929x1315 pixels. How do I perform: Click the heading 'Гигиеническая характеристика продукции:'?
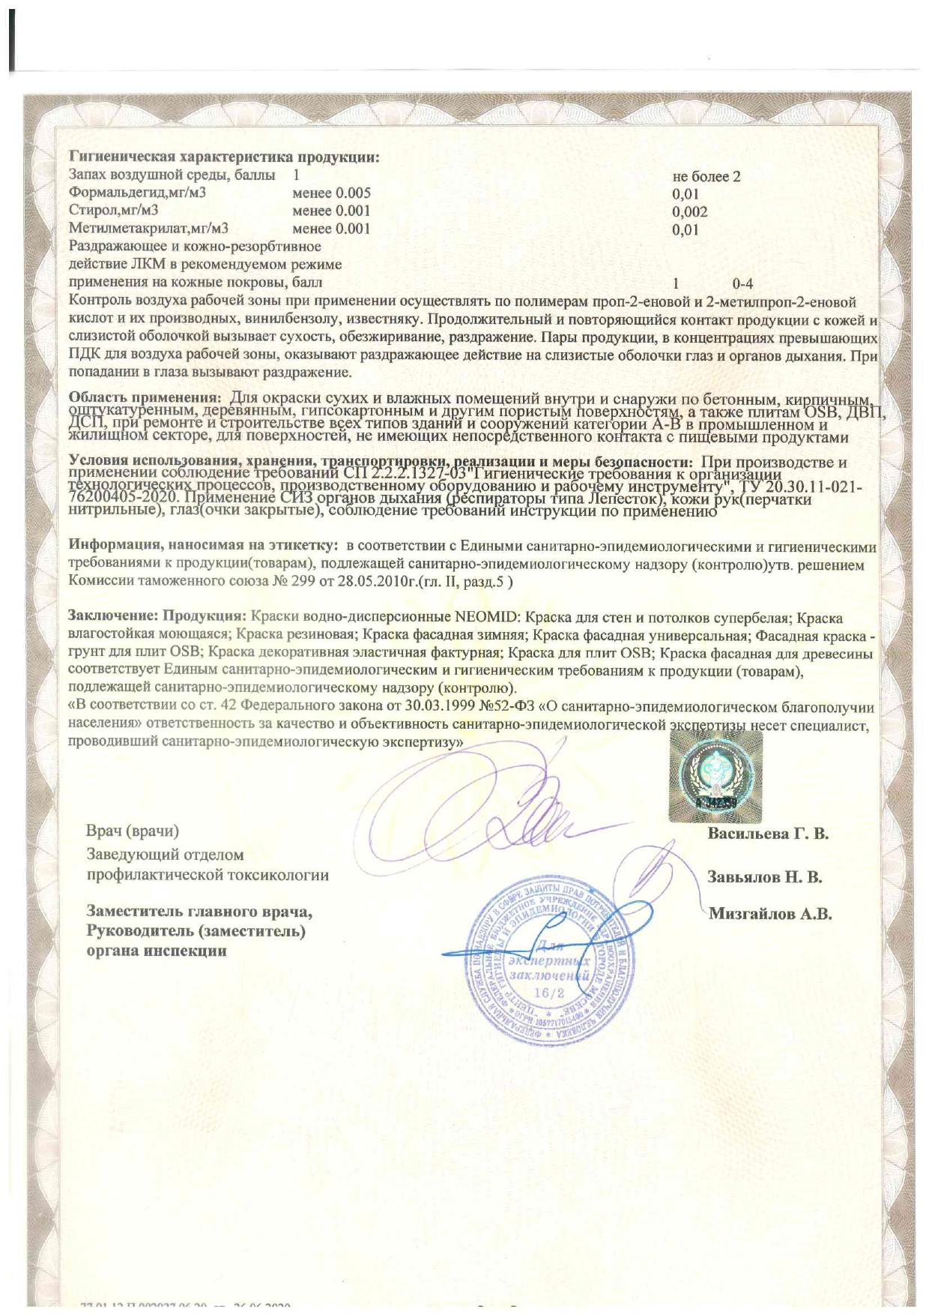tap(224, 158)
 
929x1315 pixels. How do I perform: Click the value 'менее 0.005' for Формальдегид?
tap(331, 193)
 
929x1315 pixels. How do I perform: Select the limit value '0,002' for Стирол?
tap(689, 211)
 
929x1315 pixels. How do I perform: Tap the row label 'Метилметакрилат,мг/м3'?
tap(148, 229)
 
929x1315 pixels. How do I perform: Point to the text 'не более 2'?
tap(706, 177)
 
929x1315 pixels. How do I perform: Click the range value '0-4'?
tap(742, 283)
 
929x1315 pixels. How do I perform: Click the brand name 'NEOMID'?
tap(485, 619)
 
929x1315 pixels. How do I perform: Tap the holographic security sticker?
tap(715, 772)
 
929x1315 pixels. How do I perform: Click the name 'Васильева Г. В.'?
tap(768, 833)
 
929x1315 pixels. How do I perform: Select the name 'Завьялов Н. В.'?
tap(765, 877)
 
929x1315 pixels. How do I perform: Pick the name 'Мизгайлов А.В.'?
tap(770, 914)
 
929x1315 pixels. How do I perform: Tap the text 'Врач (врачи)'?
tap(133, 831)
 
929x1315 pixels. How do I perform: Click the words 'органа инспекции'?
tap(157, 951)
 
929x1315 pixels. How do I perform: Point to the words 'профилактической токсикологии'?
tap(208, 875)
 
